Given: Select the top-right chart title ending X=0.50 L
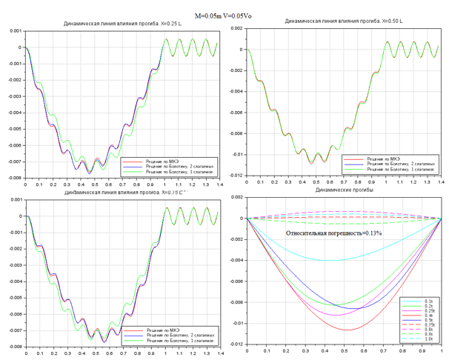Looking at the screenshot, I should point(342,21).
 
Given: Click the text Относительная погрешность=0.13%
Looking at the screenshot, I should point(334,233).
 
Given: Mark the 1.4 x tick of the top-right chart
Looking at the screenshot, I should point(439,181).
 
